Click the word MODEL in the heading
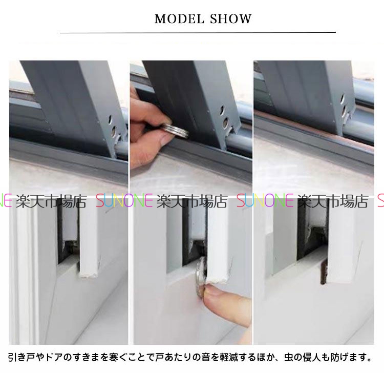179,19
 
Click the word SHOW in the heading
231,19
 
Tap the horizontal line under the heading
198,32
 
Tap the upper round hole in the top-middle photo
222,110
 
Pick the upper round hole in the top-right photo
343,99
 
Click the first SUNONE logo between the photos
124,201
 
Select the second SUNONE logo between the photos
265,201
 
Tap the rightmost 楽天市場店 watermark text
333,201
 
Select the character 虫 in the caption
289,357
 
